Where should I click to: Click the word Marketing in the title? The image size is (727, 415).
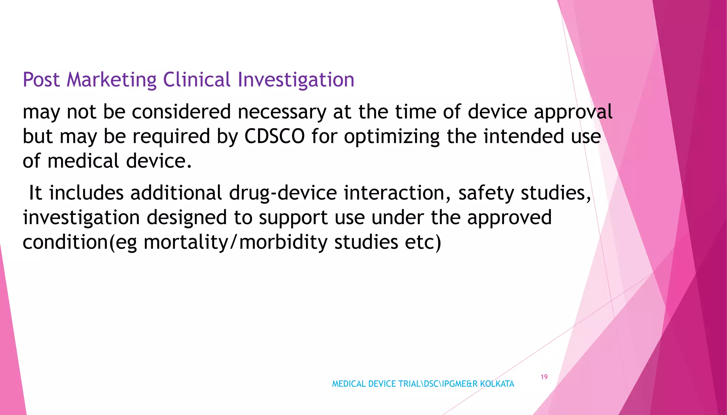point(111,80)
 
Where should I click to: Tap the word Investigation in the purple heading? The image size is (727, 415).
point(296,80)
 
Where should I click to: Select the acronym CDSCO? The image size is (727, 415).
point(274,137)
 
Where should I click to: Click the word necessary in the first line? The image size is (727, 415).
point(281,112)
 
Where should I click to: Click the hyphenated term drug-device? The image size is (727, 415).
point(283,193)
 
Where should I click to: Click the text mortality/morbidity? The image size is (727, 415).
point(235,243)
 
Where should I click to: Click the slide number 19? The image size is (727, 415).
point(544,377)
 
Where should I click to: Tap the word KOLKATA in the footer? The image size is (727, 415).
point(497,384)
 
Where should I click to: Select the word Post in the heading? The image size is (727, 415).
point(41,80)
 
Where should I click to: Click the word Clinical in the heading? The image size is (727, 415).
point(197,80)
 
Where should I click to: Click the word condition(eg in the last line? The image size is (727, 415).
point(80,243)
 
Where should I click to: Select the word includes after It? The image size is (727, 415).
point(86,193)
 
